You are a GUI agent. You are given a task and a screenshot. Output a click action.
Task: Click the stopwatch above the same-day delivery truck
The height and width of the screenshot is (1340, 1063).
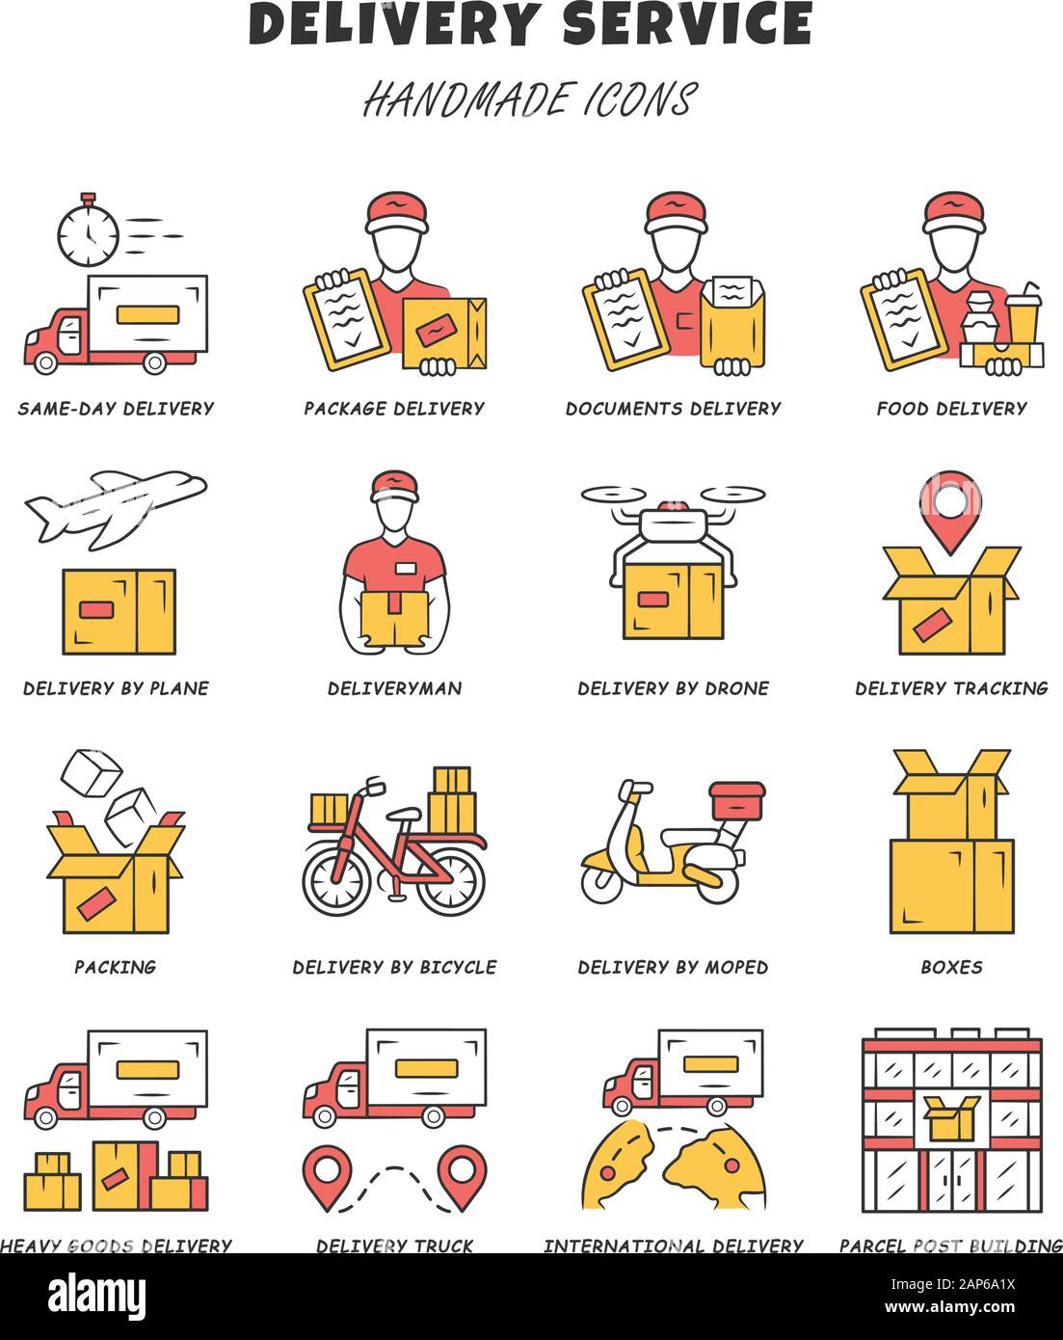pyautogui.click(x=88, y=231)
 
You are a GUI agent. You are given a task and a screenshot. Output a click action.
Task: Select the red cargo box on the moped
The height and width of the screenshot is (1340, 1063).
pyautogui.click(x=737, y=799)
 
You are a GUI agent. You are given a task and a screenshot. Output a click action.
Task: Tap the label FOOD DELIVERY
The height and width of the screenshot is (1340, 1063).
pyautogui.click(x=951, y=409)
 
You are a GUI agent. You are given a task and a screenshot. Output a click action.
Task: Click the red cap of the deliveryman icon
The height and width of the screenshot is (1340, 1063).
pyautogui.click(x=395, y=485)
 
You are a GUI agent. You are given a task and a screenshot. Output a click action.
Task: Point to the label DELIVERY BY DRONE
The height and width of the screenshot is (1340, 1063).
pyautogui.click(x=673, y=688)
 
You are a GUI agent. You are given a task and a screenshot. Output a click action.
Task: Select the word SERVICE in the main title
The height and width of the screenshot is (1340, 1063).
pyautogui.click(x=687, y=25)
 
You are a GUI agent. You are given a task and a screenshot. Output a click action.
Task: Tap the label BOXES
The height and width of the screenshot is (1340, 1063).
pyautogui.click(x=951, y=967)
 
